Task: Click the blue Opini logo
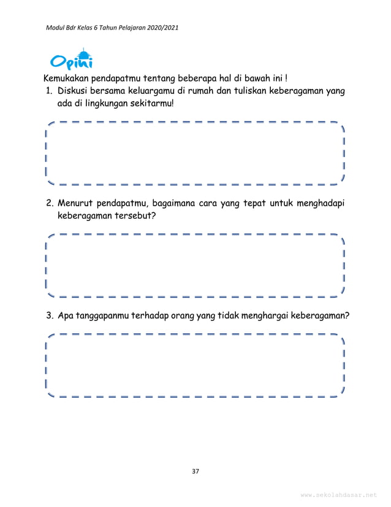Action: pyautogui.click(x=72, y=60)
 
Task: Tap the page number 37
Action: pyautogui.click(x=195, y=471)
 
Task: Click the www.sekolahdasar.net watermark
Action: pyautogui.click(x=339, y=495)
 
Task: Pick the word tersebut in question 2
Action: pyautogui.click(x=132, y=216)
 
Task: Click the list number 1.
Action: pyautogui.click(x=48, y=91)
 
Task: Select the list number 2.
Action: pyautogui.click(x=48, y=204)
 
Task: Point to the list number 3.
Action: pyautogui.click(x=48, y=316)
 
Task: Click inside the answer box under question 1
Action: pyautogui.click(x=195, y=153)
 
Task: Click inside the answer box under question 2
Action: pyautogui.click(x=195, y=265)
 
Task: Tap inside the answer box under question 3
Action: pyautogui.click(x=195, y=365)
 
